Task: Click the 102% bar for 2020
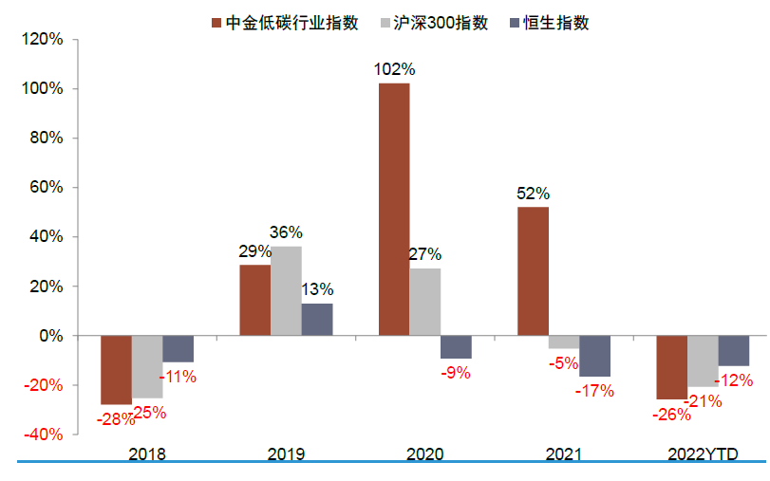[x=394, y=210]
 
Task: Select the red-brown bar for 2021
[x=533, y=271]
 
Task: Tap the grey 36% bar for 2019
[x=286, y=291]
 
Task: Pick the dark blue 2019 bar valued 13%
[x=317, y=320]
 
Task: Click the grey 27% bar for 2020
[x=425, y=302]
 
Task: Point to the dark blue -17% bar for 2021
[x=595, y=356]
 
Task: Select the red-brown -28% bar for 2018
[x=116, y=370]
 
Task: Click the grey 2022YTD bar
[x=703, y=361]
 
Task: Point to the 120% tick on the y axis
[x=42, y=40]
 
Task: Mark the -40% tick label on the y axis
[x=42, y=435]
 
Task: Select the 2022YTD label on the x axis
[x=703, y=453]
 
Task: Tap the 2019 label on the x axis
[x=286, y=453]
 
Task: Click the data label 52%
[x=533, y=194]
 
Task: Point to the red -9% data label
[x=456, y=373]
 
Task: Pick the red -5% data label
[x=563, y=363]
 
